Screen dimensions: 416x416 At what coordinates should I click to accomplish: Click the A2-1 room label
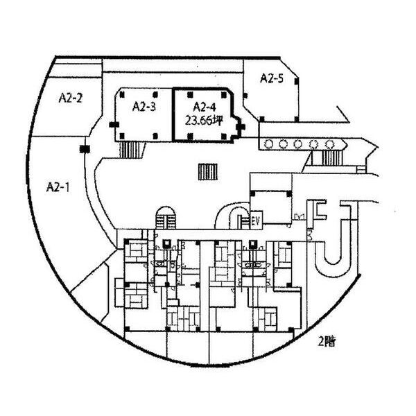[x=58, y=187]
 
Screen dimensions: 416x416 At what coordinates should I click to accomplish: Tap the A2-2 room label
[x=70, y=98]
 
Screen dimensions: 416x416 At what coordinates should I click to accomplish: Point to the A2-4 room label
[x=205, y=107]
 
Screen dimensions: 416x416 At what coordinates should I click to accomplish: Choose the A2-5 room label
[x=272, y=78]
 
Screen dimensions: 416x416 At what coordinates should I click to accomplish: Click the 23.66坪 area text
[x=204, y=121]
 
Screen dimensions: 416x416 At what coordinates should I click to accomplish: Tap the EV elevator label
[x=256, y=220]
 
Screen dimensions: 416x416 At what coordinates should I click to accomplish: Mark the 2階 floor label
[x=327, y=341]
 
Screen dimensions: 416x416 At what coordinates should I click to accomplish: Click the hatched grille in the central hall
[x=208, y=172]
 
